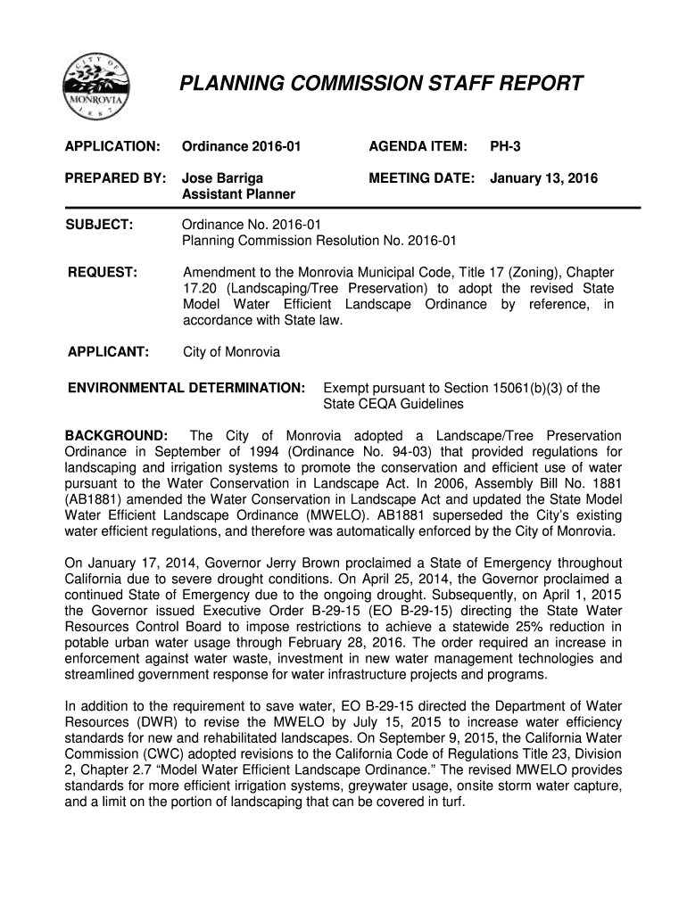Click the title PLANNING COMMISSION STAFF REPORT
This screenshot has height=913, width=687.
pos(381,85)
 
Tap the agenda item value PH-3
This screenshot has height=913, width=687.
pos(504,145)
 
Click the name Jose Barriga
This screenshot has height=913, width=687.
pos(222,179)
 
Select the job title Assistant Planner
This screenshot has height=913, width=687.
pos(239,194)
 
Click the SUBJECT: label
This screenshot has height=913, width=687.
pos(100,224)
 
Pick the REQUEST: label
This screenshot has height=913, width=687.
pos(103,270)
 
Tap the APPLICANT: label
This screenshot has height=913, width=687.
pos(108,351)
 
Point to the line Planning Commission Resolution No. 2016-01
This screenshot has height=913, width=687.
pos(319,240)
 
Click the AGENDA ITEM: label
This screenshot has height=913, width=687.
pos(418,145)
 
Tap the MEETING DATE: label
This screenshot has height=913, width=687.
pos(421,179)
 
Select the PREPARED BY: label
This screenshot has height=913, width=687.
pos(113,179)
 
